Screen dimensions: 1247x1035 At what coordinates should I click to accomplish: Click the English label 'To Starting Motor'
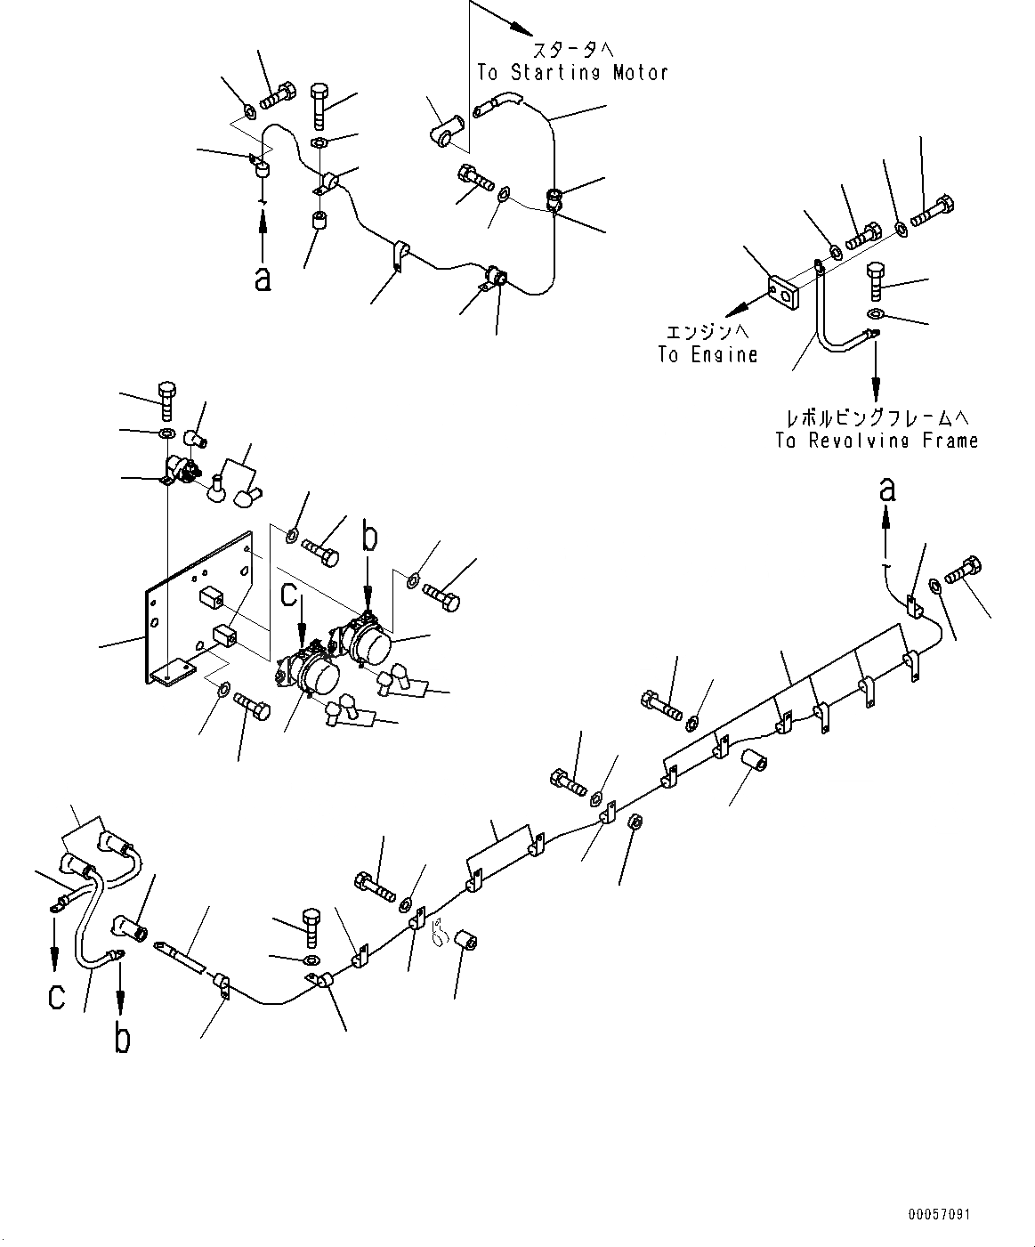(572, 72)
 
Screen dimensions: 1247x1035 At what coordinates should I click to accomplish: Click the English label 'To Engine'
(708, 354)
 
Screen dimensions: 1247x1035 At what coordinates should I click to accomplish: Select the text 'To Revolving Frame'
(877, 441)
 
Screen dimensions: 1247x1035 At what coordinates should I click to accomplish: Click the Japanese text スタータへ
(573, 48)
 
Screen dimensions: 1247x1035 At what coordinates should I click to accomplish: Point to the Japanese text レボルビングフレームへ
(877, 417)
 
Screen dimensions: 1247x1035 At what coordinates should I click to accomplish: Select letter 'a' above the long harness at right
(887, 489)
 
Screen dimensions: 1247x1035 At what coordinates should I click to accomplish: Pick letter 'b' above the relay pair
(369, 538)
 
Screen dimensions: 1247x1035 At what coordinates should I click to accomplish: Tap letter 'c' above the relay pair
(290, 594)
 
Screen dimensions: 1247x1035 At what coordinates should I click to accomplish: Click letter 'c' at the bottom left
(56, 997)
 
